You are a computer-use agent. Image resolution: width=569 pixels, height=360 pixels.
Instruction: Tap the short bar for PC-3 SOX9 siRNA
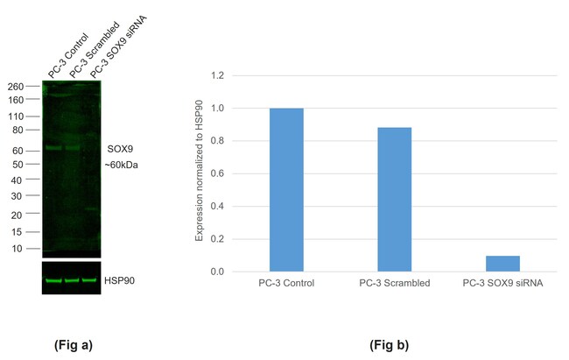pos(502,264)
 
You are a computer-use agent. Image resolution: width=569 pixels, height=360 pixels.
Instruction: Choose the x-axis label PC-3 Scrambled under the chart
pos(395,285)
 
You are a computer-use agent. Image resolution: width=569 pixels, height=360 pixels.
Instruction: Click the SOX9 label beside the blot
pos(119,150)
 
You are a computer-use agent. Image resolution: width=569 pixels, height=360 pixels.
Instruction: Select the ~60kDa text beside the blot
pos(123,165)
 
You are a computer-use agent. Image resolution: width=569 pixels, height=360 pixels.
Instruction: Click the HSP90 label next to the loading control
pos(119,280)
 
